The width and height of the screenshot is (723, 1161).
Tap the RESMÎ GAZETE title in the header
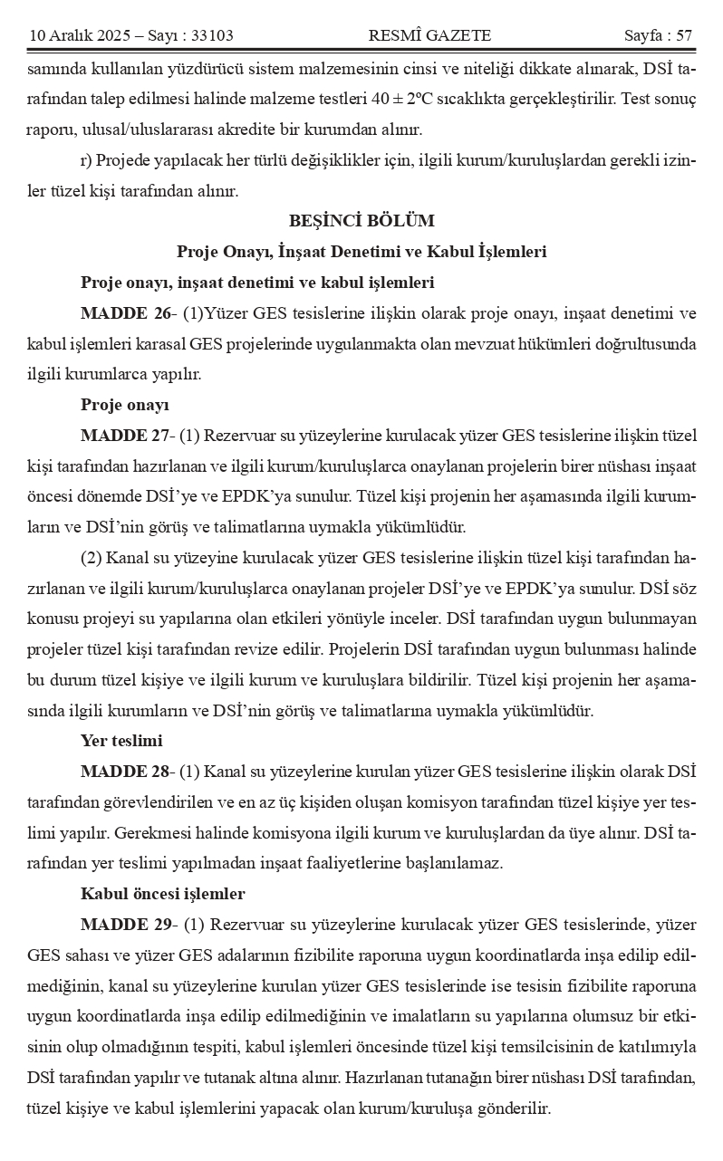(429, 35)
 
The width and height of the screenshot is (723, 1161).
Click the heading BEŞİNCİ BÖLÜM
(361, 220)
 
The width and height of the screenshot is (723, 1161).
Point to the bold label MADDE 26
(126, 313)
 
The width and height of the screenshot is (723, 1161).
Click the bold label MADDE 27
(126, 436)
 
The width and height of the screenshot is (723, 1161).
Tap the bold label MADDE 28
(126, 772)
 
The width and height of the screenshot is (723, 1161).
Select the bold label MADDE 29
(126, 925)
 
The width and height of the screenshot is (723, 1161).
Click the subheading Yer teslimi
(121, 741)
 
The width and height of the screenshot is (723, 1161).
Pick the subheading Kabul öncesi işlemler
(163, 894)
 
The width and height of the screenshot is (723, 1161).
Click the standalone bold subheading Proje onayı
(125, 405)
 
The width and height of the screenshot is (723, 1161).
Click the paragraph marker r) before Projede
(86, 159)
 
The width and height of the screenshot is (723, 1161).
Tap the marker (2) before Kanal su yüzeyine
(92, 558)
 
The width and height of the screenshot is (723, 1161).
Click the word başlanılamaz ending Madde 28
(453, 863)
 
